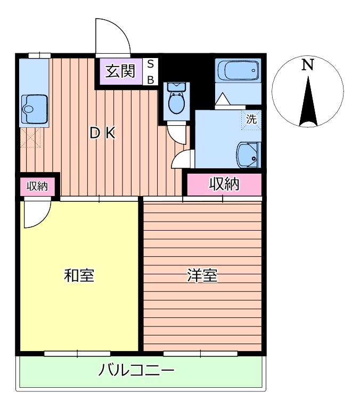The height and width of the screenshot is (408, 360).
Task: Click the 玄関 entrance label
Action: point(120,71)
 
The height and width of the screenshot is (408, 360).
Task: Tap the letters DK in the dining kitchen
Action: point(102,133)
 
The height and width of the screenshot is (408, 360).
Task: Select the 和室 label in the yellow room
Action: point(79,275)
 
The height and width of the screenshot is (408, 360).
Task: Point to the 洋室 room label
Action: point(202,275)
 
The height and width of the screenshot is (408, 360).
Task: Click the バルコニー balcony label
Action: point(136,370)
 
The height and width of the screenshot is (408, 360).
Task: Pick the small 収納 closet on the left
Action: point(37,186)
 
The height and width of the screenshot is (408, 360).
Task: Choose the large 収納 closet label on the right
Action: point(224,184)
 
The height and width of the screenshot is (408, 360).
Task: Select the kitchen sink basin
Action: point(35,109)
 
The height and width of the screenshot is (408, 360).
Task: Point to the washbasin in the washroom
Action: point(248,156)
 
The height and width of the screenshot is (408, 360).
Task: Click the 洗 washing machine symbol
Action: point(251,119)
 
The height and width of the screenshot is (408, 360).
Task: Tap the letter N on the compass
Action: point(308,65)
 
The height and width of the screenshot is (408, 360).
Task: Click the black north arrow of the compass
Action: point(308,102)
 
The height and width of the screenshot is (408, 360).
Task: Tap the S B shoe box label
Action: point(151,71)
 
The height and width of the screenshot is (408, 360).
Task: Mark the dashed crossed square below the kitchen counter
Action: point(30,137)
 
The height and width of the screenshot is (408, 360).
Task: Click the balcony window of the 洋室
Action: point(200,353)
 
